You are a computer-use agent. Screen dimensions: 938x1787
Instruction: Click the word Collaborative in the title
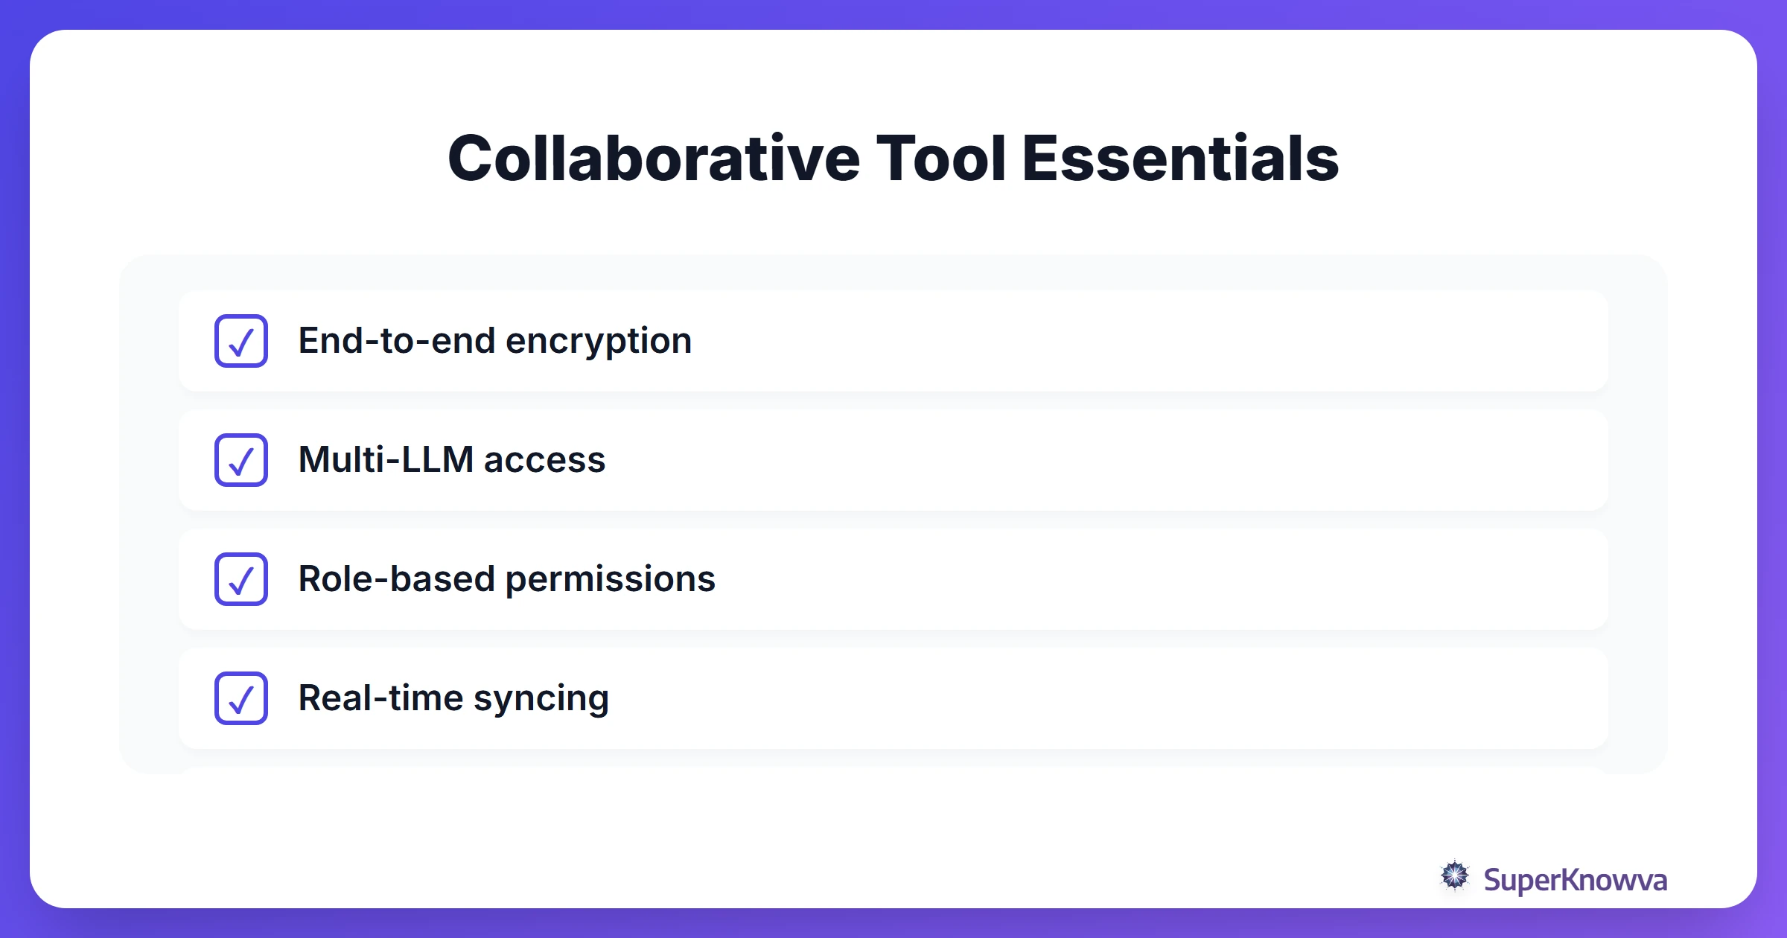point(654,159)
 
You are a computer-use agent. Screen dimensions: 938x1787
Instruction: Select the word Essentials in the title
point(1180,159)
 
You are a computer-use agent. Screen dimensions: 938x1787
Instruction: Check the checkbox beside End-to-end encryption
point(241,341)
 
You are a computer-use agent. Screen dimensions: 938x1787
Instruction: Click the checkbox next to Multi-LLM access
point(241,460)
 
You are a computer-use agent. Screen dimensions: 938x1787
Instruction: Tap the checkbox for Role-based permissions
point(241,579)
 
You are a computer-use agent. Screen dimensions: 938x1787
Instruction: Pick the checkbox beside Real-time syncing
point(241,698)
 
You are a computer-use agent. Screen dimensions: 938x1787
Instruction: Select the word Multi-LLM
point(386,459)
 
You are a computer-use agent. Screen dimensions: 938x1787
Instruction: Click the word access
point(544,460)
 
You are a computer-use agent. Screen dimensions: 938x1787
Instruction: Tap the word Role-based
point(396,578)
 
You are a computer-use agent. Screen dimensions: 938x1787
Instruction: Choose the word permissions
point(611,579)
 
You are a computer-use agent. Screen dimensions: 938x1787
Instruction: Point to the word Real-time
point(380,698)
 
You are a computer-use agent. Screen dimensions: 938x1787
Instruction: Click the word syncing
point(541,699)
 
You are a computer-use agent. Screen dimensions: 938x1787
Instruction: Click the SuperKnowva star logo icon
point(1454,876)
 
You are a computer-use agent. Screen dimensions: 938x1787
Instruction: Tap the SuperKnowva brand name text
point(1575,880)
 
